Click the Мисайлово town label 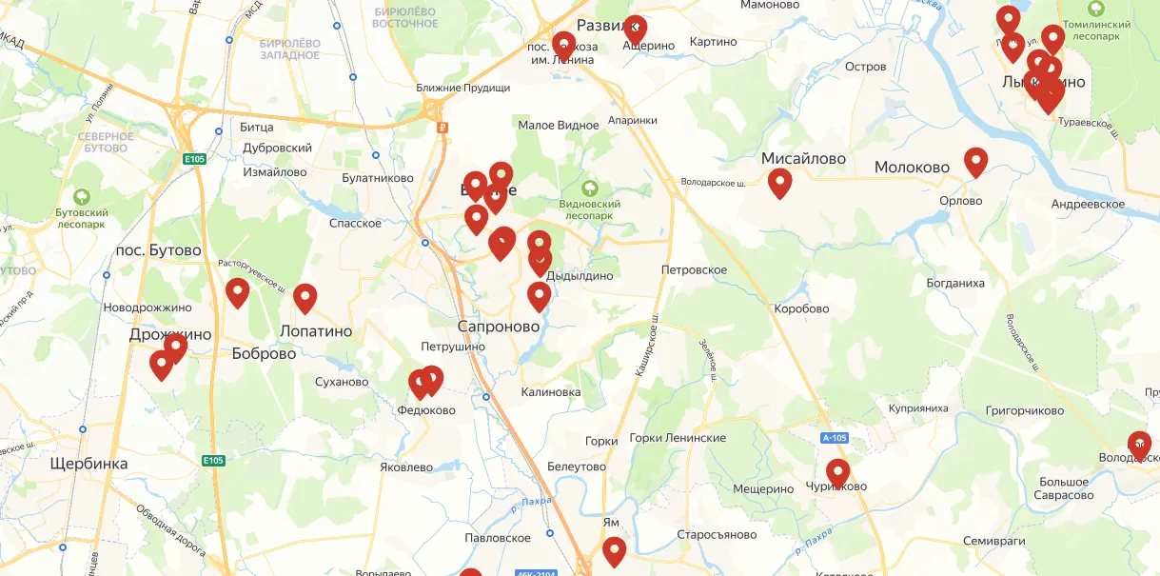pos(803,159)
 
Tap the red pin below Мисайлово pos(779,182)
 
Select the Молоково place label pos(912,168)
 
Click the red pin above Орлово pos(975,161)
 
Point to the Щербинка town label pos(88,464)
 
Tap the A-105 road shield pos(834,438)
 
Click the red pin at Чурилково pos(837,472)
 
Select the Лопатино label pos(316,331)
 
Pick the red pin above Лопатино pos(305,298)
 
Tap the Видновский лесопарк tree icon pos(591,189)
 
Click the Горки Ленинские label pos(678,438)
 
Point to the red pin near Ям pos(615,550)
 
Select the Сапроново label pos(499,327)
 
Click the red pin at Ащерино pos(635,29)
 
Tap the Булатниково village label pos(378,178)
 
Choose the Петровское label pos(694,270)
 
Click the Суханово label pos(341,382)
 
